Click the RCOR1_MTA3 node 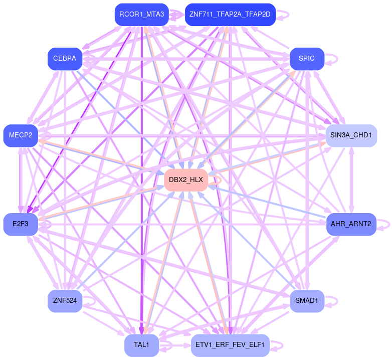pos(141,15)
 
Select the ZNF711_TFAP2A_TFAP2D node pos(230,15)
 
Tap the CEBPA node pos(65,59)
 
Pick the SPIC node pos(306,59)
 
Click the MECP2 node pos(21,135)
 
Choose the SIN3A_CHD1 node pos(351,135)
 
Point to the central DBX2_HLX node pos(186,179)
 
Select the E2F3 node pos(21,224)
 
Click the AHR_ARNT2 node pos(351,224)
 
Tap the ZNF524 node pos(65,301)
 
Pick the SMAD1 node pos(306,301)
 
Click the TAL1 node pos(141,345)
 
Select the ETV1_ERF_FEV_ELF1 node pos(230,345)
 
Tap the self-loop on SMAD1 pos(335,301)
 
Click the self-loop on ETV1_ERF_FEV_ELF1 pos(282,345)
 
